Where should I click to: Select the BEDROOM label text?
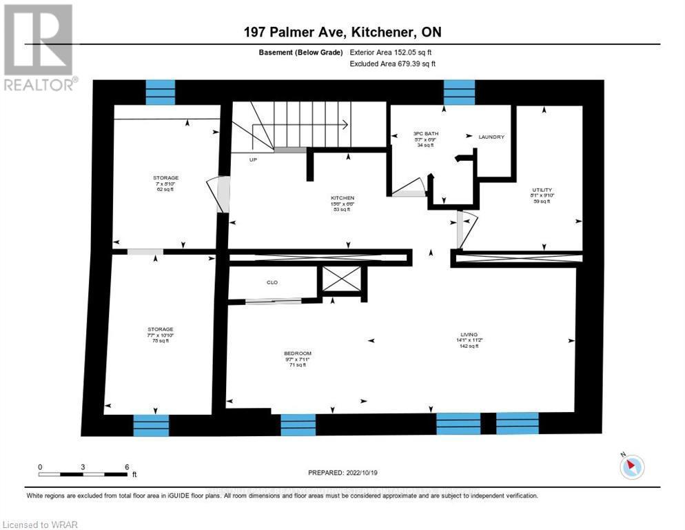point(298,353)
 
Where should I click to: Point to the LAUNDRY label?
point(491,137)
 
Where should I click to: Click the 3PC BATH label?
point(426,133)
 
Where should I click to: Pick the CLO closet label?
point(271,282)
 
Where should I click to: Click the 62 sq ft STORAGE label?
point(165,177)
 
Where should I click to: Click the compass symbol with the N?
point(631,467)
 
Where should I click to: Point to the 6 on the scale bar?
point(127,467)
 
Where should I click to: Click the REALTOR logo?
point(39,47)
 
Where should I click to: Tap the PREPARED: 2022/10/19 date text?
point(342,473)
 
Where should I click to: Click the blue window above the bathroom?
point(458,92)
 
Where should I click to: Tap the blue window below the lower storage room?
point(151,425)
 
